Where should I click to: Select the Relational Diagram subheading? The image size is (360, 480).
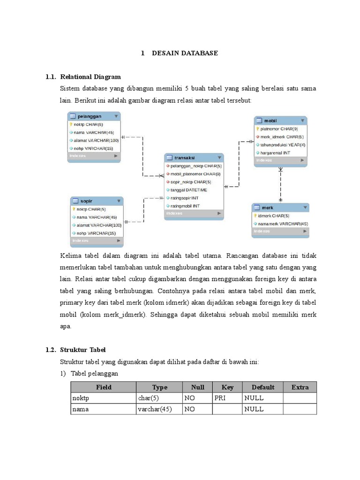click(90, 76)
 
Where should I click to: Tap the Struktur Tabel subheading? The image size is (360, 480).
click(83, 350)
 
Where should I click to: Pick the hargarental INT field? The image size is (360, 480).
click(276, 152)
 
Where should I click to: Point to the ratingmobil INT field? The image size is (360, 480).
click(186, 205)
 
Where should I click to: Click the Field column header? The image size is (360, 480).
click(103, 387)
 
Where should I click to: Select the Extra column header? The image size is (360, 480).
click(300, 387)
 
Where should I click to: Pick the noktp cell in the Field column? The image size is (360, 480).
click(81, 398)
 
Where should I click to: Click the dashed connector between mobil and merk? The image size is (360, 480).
click(280, 185)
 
